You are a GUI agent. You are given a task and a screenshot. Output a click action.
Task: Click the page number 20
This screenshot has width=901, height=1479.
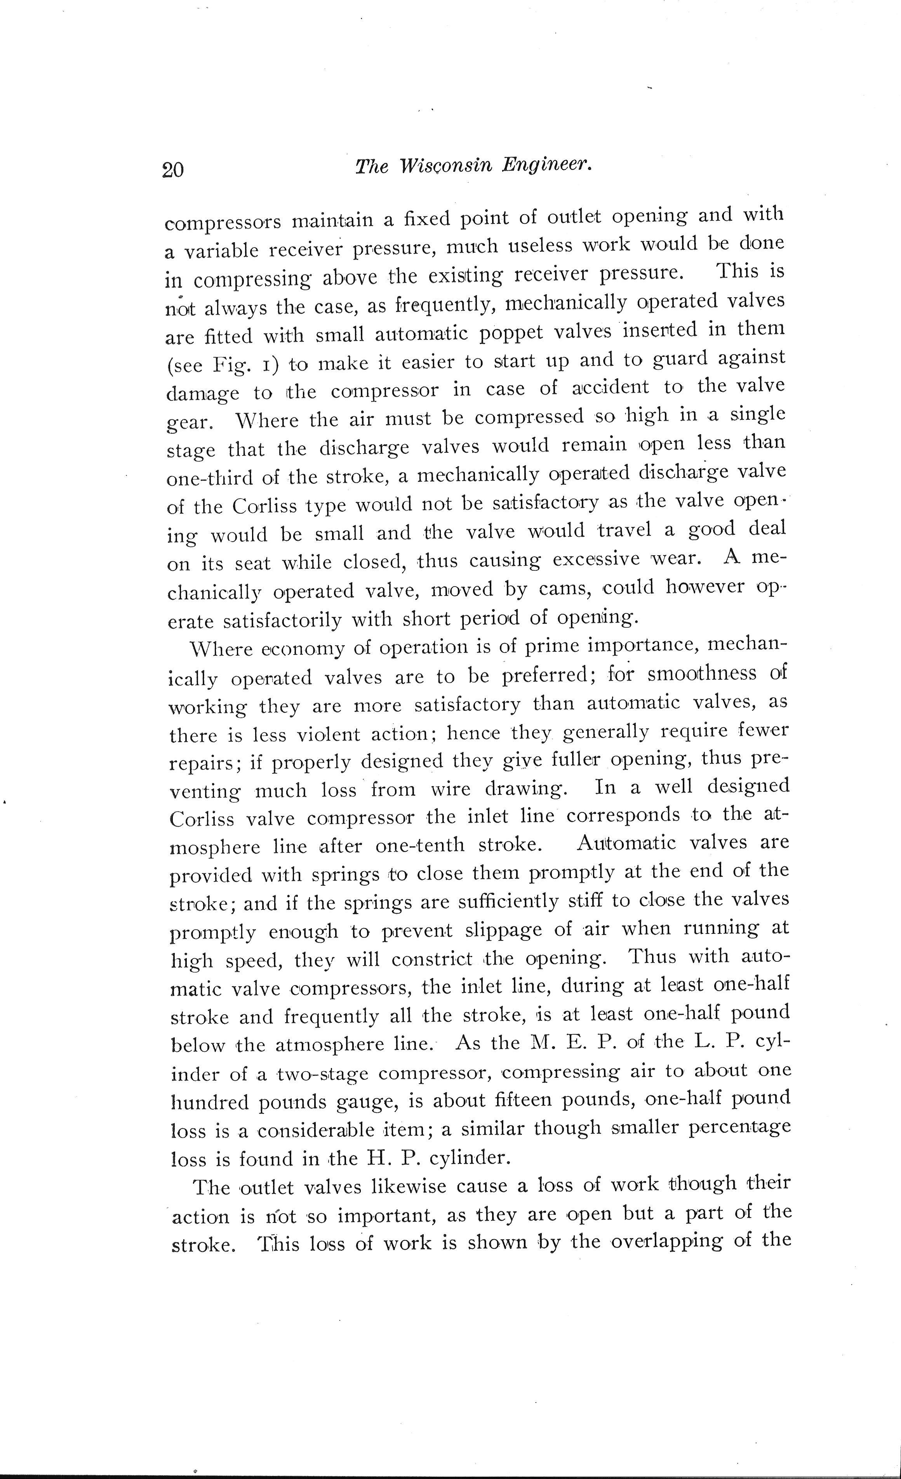[172, 170]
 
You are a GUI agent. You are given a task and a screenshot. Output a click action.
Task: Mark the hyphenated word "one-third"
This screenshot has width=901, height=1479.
[208, 477]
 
